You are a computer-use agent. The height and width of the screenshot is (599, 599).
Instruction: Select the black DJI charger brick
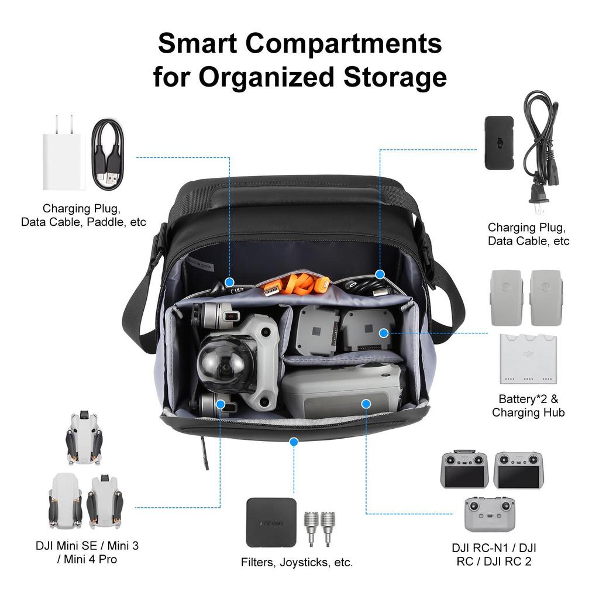click(498, 143)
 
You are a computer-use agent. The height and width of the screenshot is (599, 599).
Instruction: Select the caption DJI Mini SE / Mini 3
click(87, 546)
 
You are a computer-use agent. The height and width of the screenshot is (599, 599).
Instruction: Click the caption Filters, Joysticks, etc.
click(297, 563)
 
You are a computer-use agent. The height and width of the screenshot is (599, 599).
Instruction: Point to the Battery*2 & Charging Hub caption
click(528, 405)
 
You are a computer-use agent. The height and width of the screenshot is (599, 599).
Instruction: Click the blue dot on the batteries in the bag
click(384, 333)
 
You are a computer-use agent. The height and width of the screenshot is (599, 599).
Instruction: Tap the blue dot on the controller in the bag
click(366, 403)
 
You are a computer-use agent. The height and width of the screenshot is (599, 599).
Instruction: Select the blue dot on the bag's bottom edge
click(294, 441)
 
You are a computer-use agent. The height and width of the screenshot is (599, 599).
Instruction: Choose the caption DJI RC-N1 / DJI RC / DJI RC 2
click(494, 555)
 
